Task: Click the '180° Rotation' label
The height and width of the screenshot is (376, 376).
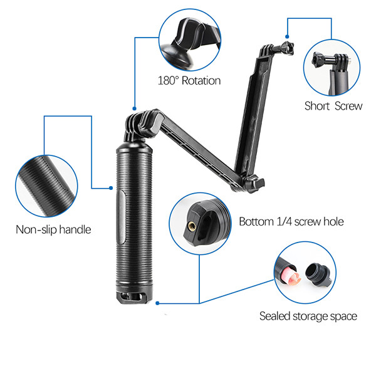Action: [189, 81]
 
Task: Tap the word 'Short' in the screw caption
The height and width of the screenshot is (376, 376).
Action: [316, 106]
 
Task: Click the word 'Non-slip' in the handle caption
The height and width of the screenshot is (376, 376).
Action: [36, 229]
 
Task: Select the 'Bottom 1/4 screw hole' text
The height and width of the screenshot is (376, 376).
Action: [291, 222]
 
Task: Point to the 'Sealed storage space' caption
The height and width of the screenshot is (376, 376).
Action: [308, 316]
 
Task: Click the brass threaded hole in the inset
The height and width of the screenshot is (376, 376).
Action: [192, 226]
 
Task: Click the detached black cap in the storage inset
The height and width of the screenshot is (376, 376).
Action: [318, 274]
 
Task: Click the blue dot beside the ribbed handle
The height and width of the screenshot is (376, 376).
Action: [111, 188]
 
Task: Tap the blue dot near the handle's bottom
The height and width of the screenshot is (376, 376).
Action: [157, 303]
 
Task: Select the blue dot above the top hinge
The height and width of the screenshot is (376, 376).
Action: [135, 108]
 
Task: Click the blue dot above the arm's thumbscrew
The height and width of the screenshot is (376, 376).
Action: [287, 36]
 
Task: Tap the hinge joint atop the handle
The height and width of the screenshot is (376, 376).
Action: [142, 125]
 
